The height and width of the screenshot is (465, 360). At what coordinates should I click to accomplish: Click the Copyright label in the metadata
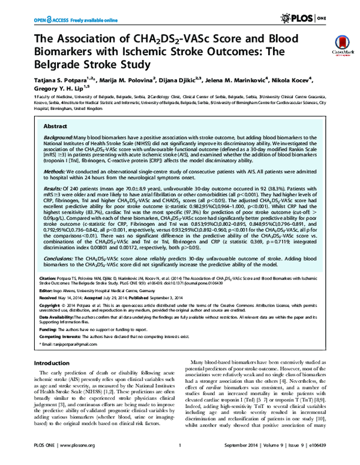pos(47,320)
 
